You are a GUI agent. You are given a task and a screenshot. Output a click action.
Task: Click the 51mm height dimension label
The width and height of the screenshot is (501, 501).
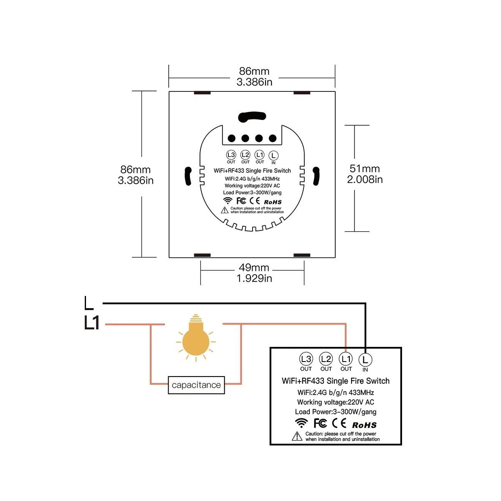tap(364, 169)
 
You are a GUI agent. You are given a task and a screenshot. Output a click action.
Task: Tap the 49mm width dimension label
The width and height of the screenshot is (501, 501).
tap(254, 268)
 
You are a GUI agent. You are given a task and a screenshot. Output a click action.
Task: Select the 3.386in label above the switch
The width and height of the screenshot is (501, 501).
tap(254, 82)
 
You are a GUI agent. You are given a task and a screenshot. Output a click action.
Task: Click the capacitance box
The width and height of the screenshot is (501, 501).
tap(196, 385)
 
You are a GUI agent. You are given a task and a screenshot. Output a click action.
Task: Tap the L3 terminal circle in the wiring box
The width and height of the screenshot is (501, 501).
tap(306, 359)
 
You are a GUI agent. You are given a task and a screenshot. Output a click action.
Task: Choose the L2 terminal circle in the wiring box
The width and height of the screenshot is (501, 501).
tap(326, 359)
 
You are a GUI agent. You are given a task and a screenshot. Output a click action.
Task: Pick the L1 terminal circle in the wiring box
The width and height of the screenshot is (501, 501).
tap(346, 359)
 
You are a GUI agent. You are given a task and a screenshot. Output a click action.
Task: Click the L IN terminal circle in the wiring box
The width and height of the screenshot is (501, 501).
tap(365, 359)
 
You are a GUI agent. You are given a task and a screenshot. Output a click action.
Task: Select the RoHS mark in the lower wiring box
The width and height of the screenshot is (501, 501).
tap(364, 425)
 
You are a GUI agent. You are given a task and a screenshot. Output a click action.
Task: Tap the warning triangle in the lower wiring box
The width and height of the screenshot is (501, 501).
tap(297, 436)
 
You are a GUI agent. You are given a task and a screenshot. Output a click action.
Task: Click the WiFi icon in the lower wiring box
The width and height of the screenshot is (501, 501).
tap(301, 423)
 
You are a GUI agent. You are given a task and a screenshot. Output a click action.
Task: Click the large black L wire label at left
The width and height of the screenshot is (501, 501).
tap(89, 303)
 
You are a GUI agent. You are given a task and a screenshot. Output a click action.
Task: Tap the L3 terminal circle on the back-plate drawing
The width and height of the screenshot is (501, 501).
tap(231, 154)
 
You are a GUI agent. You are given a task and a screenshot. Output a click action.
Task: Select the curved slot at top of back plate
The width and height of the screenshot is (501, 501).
tap(251, 117)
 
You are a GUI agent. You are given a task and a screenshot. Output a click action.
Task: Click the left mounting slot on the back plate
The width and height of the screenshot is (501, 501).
tap(188, 176)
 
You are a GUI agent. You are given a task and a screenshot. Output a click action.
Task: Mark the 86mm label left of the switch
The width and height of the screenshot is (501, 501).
tap(135, 170)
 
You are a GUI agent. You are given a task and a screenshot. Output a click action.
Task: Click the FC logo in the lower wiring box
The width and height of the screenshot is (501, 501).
tap(320, 423)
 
